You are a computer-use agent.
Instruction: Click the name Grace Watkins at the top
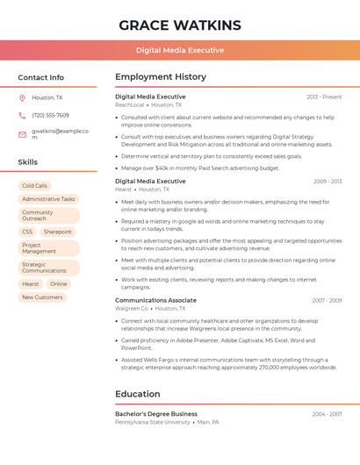pos(179,24)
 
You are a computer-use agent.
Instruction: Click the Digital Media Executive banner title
pos(179,50)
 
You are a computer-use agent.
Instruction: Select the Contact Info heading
pos(40,77)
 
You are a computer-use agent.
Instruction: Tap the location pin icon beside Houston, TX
pos(22,98)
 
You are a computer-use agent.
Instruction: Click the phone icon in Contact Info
pos(22,115)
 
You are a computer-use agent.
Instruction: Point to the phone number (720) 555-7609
pos(50,115)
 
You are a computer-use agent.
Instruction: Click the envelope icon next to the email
pos(22,133)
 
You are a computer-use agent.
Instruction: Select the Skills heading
pos(27,162)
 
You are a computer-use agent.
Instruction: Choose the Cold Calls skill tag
pos(35,186)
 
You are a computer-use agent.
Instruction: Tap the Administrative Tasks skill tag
pos(48,199)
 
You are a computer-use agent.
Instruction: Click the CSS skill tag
pos(27,232)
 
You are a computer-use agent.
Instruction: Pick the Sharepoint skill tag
pos(58,232)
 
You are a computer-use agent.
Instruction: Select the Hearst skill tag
pos(31,284)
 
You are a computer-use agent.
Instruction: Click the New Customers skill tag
pos(42,297)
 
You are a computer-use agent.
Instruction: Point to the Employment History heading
pos(161,77)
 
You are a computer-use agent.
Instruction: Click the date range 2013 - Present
pos(324,97)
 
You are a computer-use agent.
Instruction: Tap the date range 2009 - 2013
pos(328,182)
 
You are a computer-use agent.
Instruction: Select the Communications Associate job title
pos(155,300)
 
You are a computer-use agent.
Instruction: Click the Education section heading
pos(137,394)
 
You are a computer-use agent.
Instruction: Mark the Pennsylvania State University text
pos(153,422)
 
